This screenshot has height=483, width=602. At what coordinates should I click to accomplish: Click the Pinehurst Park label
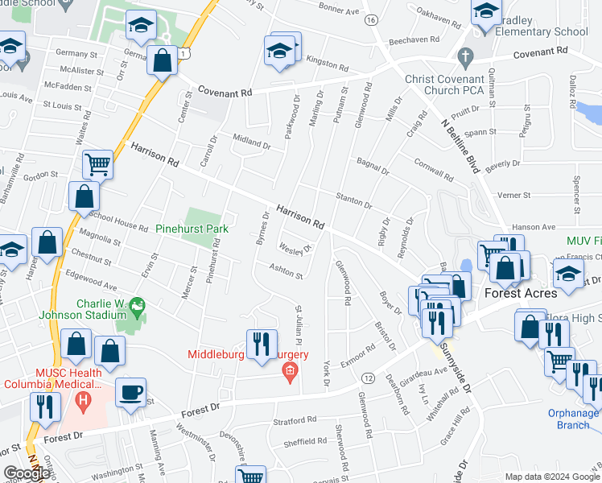pyautogui.click(x=192, y=229)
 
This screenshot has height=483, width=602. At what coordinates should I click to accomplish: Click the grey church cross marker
pyautogui.click(x=464, y=57)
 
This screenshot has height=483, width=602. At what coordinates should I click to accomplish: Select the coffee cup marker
pyautogui.click(x=130, y=393)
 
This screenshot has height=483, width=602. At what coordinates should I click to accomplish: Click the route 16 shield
pyautogui.click(x=370, y=19)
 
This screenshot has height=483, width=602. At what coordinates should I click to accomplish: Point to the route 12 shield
pyautogui.click(x=369, y=378)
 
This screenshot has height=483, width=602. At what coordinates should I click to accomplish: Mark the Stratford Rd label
pyautogui.click(x=295, y=420)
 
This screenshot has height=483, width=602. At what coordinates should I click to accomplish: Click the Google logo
pyautogui.click(x=26, y=473)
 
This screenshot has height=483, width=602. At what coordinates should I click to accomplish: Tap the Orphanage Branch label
pyautogui.click(x=573, y=419)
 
